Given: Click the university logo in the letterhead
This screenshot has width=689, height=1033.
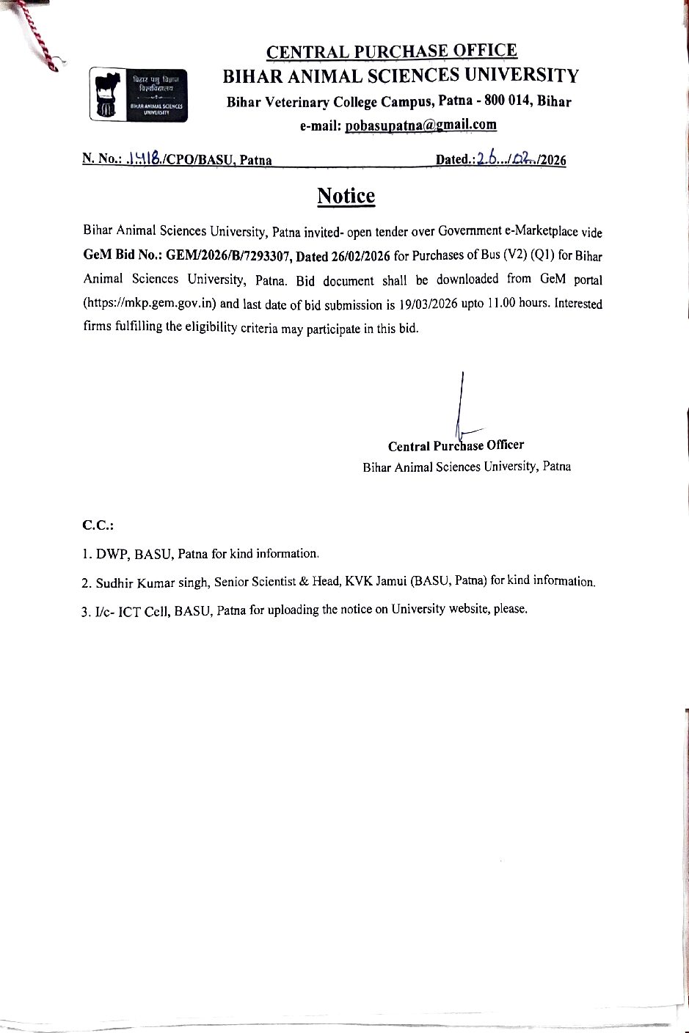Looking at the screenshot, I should [x=139, y=94].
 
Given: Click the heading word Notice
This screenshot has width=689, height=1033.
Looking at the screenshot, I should [x=346, y=196].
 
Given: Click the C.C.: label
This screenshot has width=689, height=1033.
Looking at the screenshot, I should [x=98, y=525].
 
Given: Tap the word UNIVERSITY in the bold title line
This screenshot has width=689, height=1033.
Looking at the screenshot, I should [x=522, y=76].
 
